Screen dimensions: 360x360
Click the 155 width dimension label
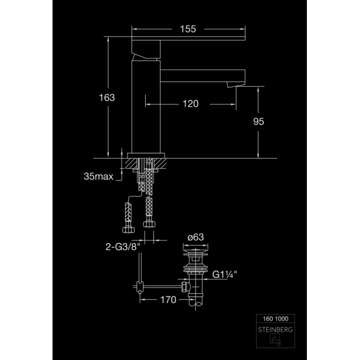(188, 29)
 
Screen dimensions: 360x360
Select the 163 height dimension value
(107, 97)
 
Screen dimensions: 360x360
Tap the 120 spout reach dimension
(191, 104)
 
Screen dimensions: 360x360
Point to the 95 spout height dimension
(258, 122)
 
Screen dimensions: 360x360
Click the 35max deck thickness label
(99, 176)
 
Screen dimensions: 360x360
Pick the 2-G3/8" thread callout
(123, 247)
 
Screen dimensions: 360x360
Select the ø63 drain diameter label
(195, 237)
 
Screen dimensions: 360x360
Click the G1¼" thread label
(224, 274)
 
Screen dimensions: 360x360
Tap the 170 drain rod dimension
(168, 300)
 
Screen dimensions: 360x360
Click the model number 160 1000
(276, 319)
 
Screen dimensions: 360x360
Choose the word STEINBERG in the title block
(275, 330)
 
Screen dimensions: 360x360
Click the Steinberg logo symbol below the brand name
(275, 340)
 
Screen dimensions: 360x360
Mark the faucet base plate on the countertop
(146, 156)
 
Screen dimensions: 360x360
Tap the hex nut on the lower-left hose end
(128, 230)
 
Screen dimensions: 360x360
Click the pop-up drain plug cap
(195, 254)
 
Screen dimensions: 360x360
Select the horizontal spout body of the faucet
(203, 76)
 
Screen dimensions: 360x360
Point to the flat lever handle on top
(188, 38)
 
